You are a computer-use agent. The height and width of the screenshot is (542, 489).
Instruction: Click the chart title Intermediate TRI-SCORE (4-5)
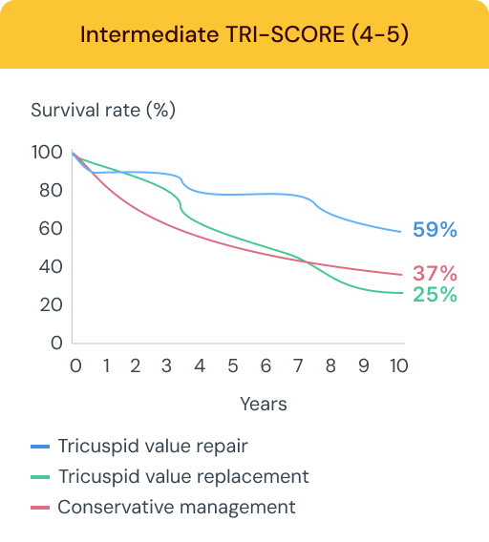pyautogui.click(x=244, y=35)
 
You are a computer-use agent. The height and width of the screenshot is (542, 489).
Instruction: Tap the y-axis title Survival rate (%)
pyautogui.click(x=103, y=110)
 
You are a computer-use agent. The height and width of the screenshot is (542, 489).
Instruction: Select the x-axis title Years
pyautogui.click(x=263, y=404)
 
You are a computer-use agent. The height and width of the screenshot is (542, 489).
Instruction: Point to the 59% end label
pyautogui.click(x=435, y=230)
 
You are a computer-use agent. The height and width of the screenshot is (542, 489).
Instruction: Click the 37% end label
pyautogui.click(x=435, y=274)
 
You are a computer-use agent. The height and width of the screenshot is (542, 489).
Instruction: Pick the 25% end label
pyautogui.click(x=435, y=295)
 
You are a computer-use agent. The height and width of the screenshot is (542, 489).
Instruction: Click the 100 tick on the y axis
pyautogui.click(x=46, y=152)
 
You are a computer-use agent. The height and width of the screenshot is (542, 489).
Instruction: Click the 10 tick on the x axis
pyautogui.click(x=398, y=366)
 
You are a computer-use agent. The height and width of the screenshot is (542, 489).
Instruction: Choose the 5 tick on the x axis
pyautogui.click(x=233, y=366)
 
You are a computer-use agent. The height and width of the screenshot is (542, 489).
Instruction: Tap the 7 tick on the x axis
pyautogui.click(x=298, y=366)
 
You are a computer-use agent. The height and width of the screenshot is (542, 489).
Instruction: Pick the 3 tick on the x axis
pyautogui.click(x=168, y=366)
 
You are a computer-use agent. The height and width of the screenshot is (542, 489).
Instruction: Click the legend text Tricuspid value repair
pyautogui.click(x=152, y=446)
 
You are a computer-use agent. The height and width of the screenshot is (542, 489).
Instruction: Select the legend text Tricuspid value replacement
pyautogui.click(x=182, y=476)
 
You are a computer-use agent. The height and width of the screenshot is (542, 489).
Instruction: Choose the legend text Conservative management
pyautogui.click(x=176, y=507)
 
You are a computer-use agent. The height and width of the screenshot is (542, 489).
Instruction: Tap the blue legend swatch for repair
pyautogui.click(x=39, y=447)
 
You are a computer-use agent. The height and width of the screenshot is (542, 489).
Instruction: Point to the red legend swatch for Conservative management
pyautogui.click(x=39, y=508)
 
